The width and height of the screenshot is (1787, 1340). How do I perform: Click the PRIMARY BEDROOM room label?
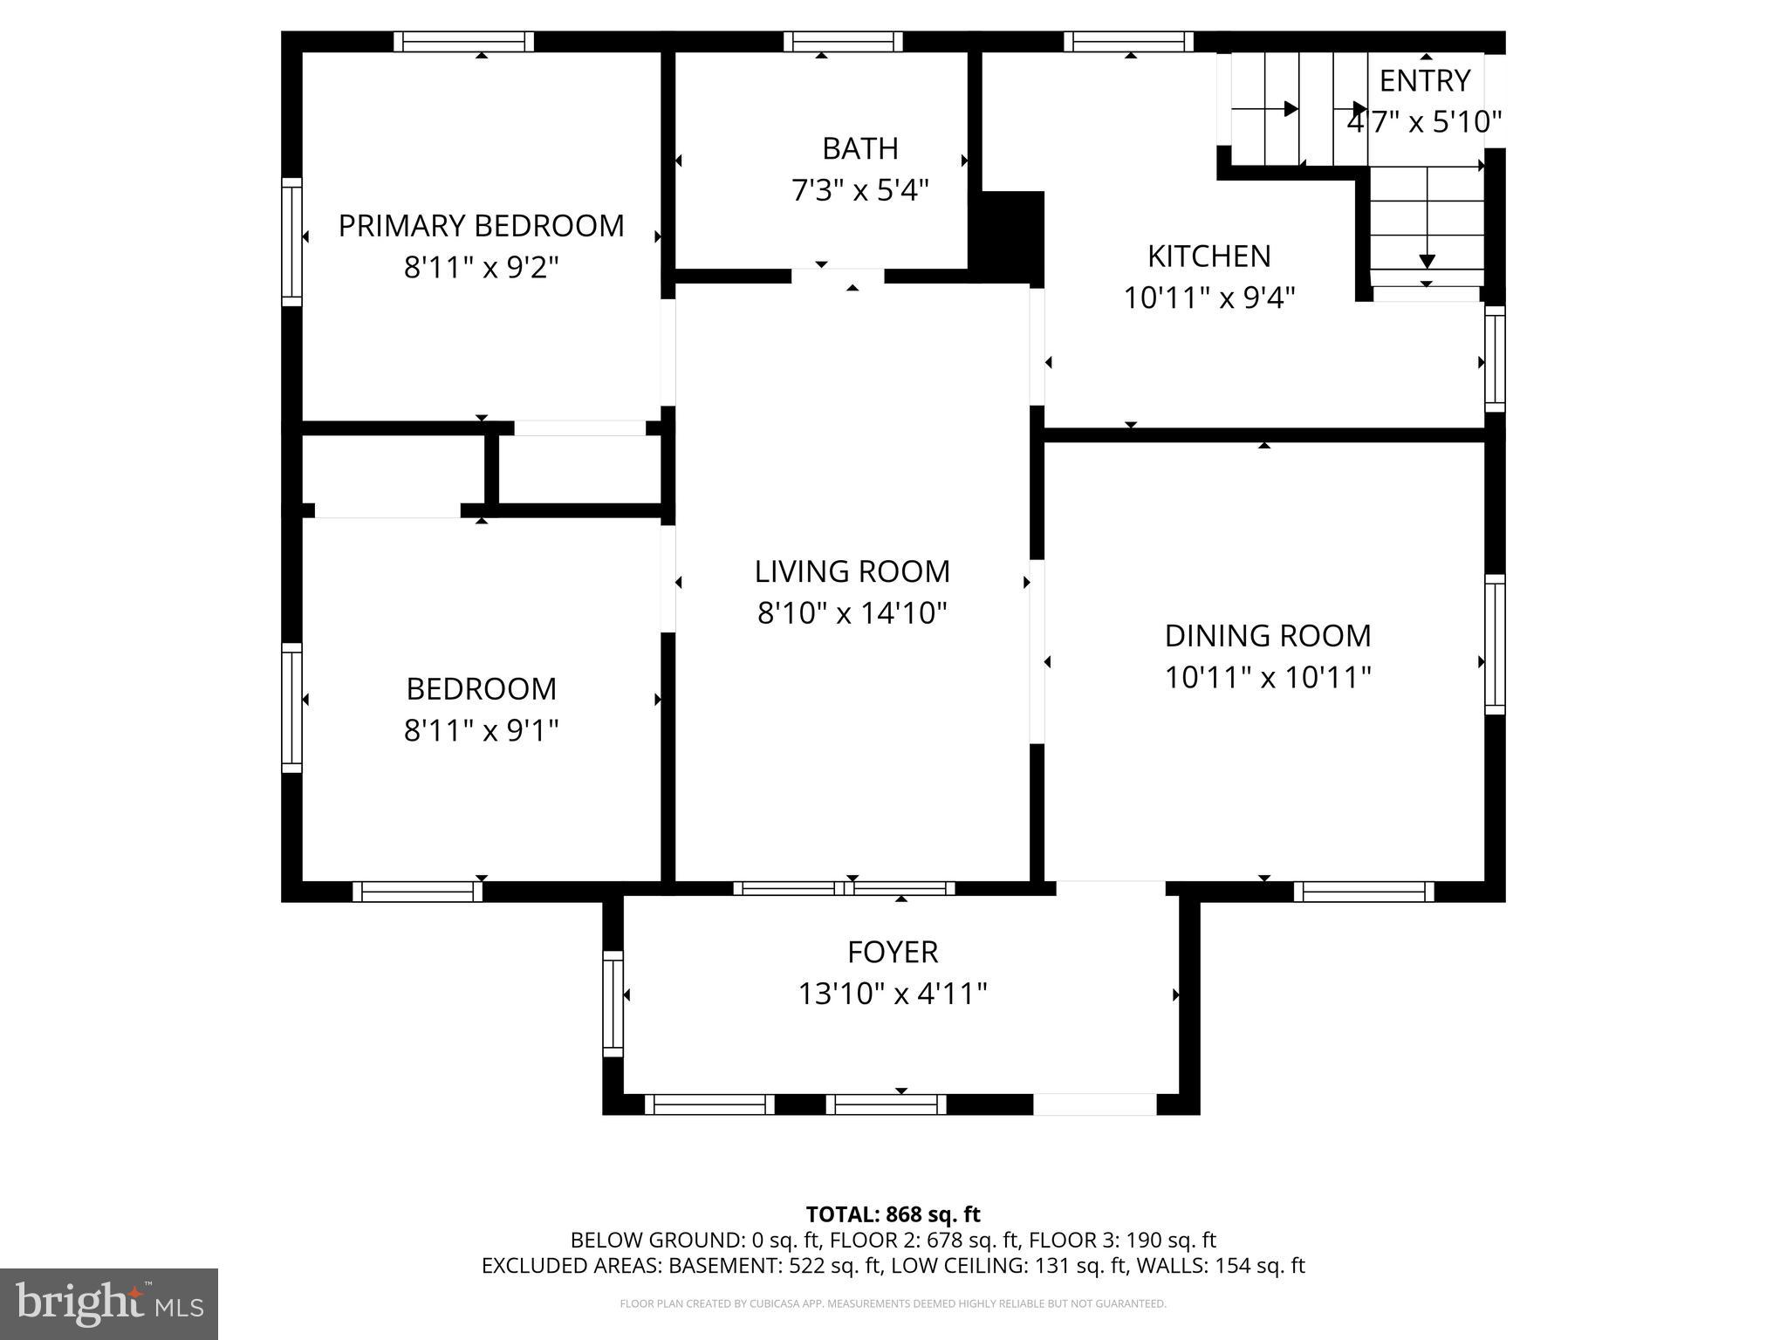click(481, 226)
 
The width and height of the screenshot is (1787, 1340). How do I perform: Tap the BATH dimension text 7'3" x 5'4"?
click(860, 190)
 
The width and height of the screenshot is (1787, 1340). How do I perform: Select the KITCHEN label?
click(1208, 256)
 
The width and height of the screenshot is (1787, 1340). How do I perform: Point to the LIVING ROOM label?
click(852, 571)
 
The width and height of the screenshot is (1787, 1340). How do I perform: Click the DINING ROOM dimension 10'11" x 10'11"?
click(1268, 677)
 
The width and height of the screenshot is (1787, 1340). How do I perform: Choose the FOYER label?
click(893, 952)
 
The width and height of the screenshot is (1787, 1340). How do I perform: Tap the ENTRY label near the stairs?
click(1424, 81)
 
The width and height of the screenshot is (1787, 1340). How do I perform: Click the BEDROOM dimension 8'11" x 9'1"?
click(481, 730)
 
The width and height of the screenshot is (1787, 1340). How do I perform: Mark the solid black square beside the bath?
click(1012, 237)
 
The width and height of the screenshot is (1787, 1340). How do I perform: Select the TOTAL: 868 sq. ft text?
click(893, 1214)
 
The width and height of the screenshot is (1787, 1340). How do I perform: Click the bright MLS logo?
click(109, 1303)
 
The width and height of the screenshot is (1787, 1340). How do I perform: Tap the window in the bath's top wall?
click(843, 41)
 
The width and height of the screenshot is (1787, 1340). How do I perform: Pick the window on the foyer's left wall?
click(613, 1003)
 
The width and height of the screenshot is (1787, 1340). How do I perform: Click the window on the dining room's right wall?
click(1495, 645)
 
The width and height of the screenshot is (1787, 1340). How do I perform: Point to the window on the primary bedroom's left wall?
click(291, 242)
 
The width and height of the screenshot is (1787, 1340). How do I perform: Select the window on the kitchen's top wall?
click(1129, 41)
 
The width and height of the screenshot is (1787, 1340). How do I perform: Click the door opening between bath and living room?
click(838, 276)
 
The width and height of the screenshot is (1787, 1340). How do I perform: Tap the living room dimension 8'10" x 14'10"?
click(852, 613)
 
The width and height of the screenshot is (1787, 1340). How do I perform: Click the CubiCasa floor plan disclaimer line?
click(893, 1304)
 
